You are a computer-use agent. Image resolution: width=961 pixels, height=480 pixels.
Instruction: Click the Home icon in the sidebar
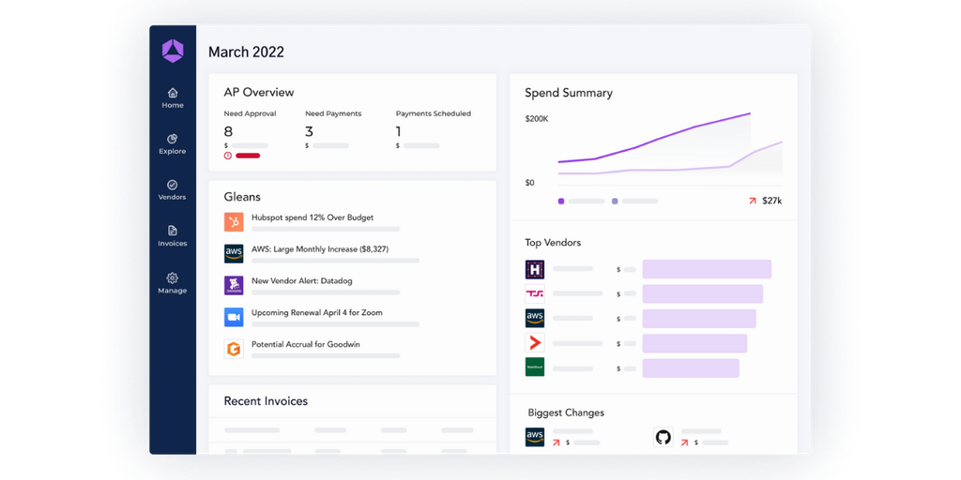pos(173,93)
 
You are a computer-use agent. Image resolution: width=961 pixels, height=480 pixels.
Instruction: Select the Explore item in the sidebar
pos(173,139)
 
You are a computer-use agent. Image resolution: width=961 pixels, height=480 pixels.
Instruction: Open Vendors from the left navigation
pos(173,185)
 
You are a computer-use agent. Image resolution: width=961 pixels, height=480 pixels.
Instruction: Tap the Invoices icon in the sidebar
pos(173,231)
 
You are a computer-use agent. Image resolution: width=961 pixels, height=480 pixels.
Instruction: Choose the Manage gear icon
pos(173,277)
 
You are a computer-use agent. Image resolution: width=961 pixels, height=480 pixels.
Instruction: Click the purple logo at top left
pos(173,52)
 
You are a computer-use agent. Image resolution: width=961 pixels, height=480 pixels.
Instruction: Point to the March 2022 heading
pos(246,52)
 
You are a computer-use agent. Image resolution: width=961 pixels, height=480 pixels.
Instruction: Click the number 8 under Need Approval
pos(228,131)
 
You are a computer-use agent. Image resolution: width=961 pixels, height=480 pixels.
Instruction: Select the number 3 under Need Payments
pos(310,131)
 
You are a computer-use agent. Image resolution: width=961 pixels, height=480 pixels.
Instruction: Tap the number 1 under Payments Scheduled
pos(399,131)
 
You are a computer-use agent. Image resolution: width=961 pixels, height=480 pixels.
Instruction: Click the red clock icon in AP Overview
pos(228,156)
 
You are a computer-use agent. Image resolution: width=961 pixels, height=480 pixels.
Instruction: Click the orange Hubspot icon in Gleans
pos(234,222)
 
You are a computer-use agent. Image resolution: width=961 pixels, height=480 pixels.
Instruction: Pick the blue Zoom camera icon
pos(234,317)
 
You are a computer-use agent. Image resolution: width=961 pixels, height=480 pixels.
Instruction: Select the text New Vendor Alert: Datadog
pos(302,280)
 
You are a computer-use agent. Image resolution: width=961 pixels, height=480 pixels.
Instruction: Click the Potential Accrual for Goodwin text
pos(306,344)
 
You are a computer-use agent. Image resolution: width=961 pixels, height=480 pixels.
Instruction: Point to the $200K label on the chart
pos(537,119)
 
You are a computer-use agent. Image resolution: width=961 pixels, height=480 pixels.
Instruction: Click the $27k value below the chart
pos(771,201)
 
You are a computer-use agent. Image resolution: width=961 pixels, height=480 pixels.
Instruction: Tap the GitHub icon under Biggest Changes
pos(664,437)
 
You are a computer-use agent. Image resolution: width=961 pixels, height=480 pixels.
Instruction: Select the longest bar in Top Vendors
pos(707,269)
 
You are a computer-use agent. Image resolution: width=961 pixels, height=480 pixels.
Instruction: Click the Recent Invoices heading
pos(266,401)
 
